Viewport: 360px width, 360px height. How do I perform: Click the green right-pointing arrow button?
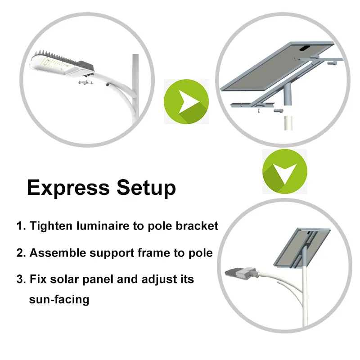tap(186, 101)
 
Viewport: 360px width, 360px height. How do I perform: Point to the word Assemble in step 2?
tap(58, 252)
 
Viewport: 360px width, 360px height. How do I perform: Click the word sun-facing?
tap(59, 299)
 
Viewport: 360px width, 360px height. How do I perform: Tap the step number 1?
tap(20, 225)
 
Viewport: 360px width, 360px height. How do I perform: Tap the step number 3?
tap(20, 279)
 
